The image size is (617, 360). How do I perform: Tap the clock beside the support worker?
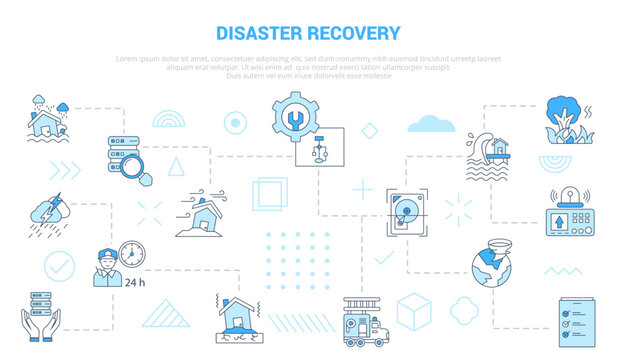tap(131, 251)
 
